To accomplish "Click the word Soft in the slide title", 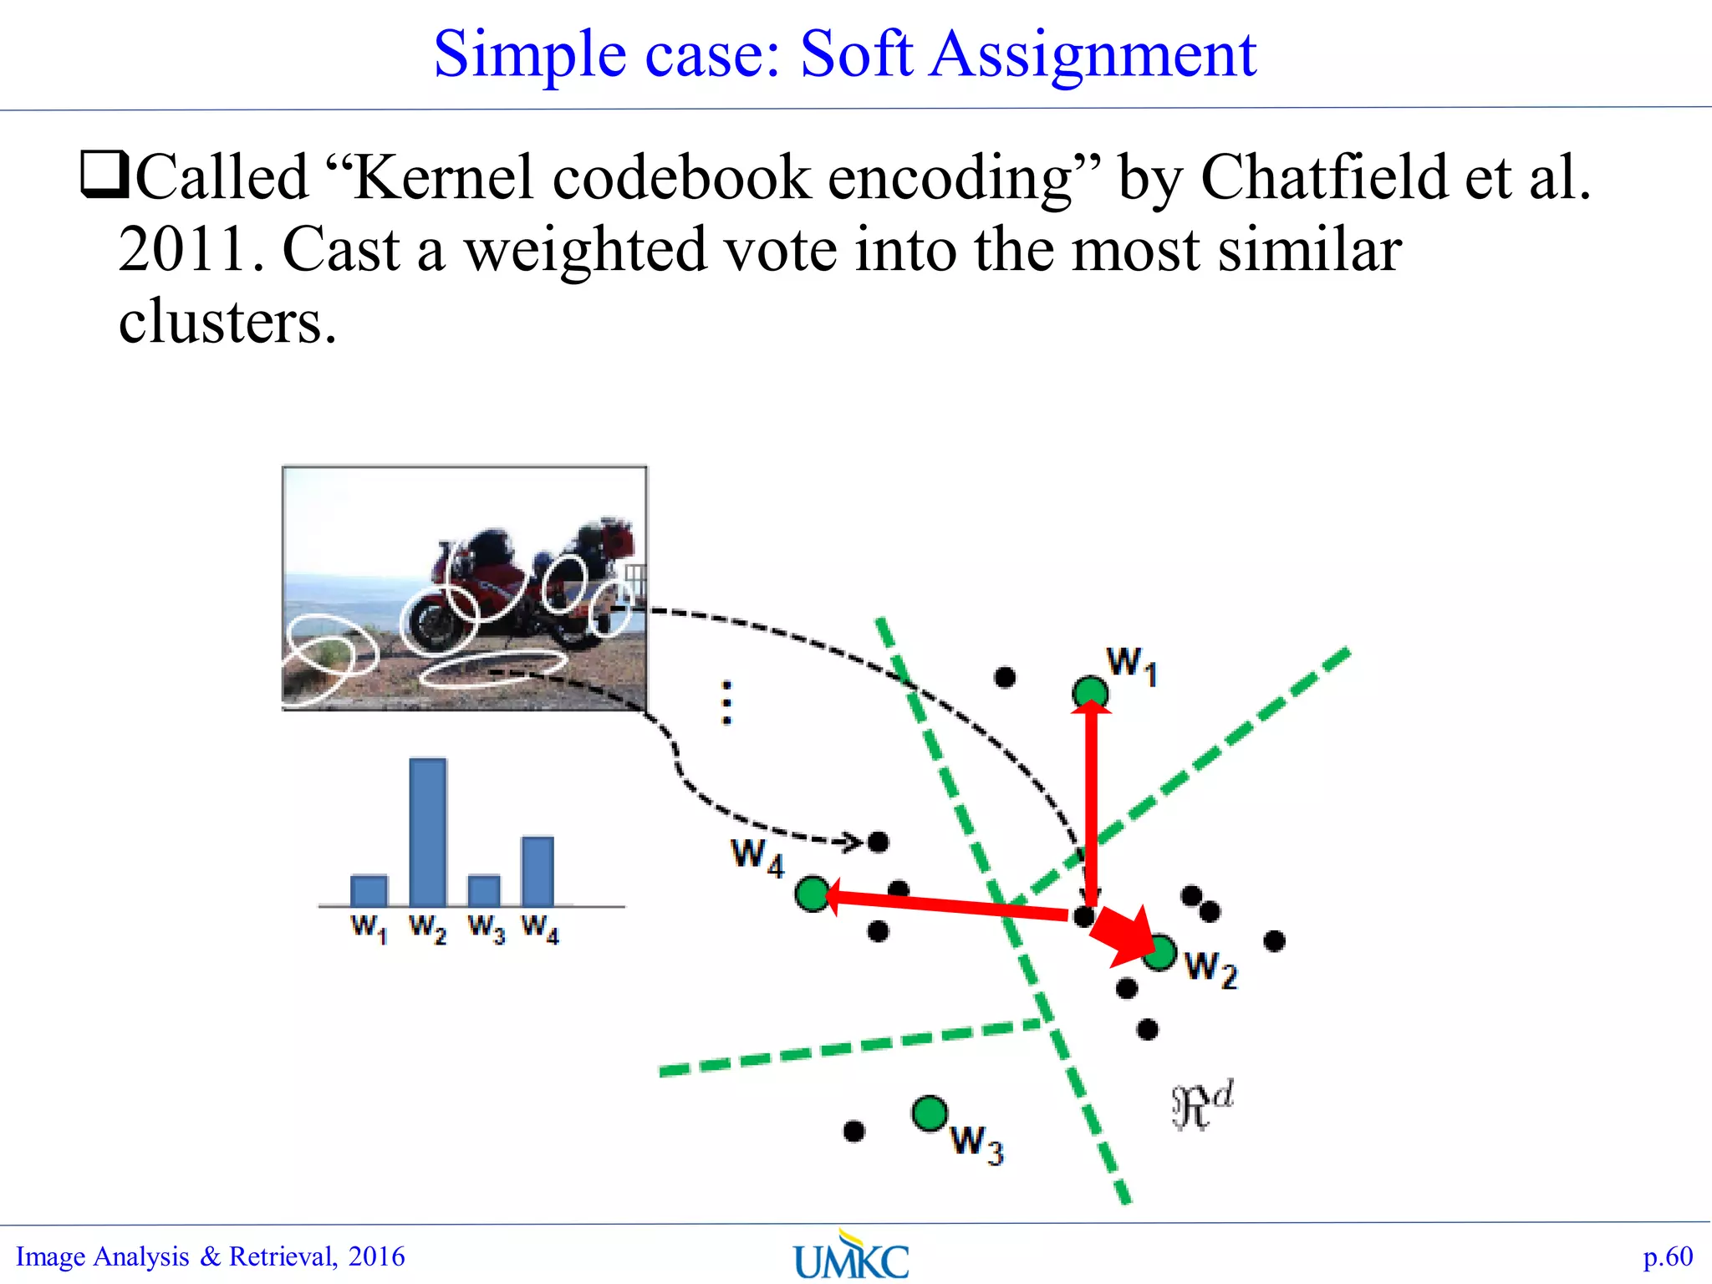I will pyautogui.click(x=856, y=55).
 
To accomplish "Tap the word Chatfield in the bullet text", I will pyautogui.click(x=1324, y=178).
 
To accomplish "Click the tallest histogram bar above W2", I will pyautogui.click(x=428, y=831).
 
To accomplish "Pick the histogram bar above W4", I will pyautogui.click(x=538, y=871).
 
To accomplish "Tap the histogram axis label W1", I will pyautogui.click(x=369, y=928).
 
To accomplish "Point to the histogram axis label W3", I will pyautogui.click(x=486, y=928).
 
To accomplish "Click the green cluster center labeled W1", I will pyautogui.click(x=1090, y=692).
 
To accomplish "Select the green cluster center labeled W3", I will pyautogui.click(x=929, y=1113).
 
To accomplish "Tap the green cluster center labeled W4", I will pyautogui.click(x=813, y=894).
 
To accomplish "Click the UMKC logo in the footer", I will pyautogui.click(x=851, y=1256).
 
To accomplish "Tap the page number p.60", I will pyautogui.click(x=1667, y=1256).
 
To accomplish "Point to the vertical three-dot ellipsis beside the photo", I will pyautogui.click(x=726, y=702).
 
